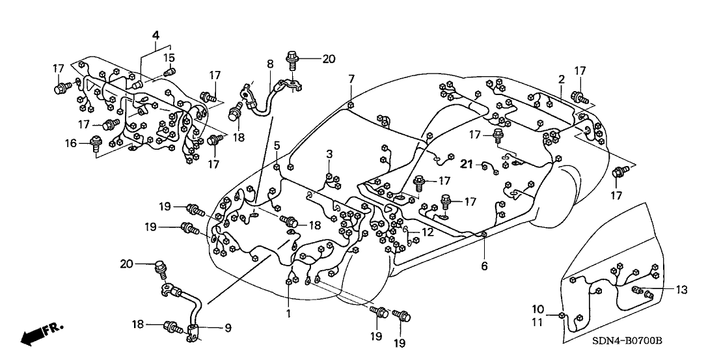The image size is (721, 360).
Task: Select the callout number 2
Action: click(560, 79)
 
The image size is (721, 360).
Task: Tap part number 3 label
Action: click(329, 154)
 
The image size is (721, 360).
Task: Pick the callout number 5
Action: click(277, 145)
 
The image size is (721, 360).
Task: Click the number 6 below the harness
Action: click(484, 266)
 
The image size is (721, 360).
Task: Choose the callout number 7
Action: click(351, 79)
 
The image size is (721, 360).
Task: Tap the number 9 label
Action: click(227, 329)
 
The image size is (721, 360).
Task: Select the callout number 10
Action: click(537, 309)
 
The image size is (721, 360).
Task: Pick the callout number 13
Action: click(681, 290)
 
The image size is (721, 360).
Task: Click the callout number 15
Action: click(169, 57)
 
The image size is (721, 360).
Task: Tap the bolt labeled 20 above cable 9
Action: click(159, 268)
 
